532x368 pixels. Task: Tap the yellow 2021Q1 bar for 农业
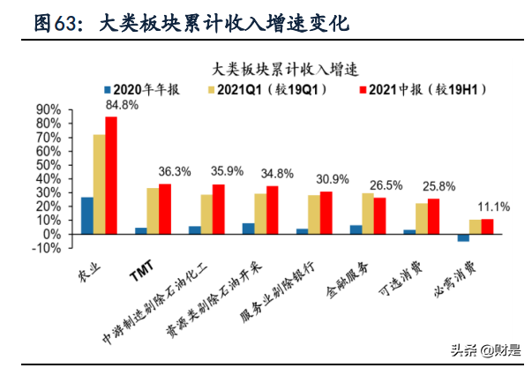pyautogui.click(x=99, y=184)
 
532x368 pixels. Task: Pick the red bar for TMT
pyautogui.click(x=165, y=209)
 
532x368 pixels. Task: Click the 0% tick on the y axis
pyautogui.click(x=52, y=234)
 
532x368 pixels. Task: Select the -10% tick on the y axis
pyautogui.click(x=49, y=248)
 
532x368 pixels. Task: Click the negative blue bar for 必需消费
pyautogui.click(x=462, y=237)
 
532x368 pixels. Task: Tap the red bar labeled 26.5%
pyautogui.click(x=379, y=216)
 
